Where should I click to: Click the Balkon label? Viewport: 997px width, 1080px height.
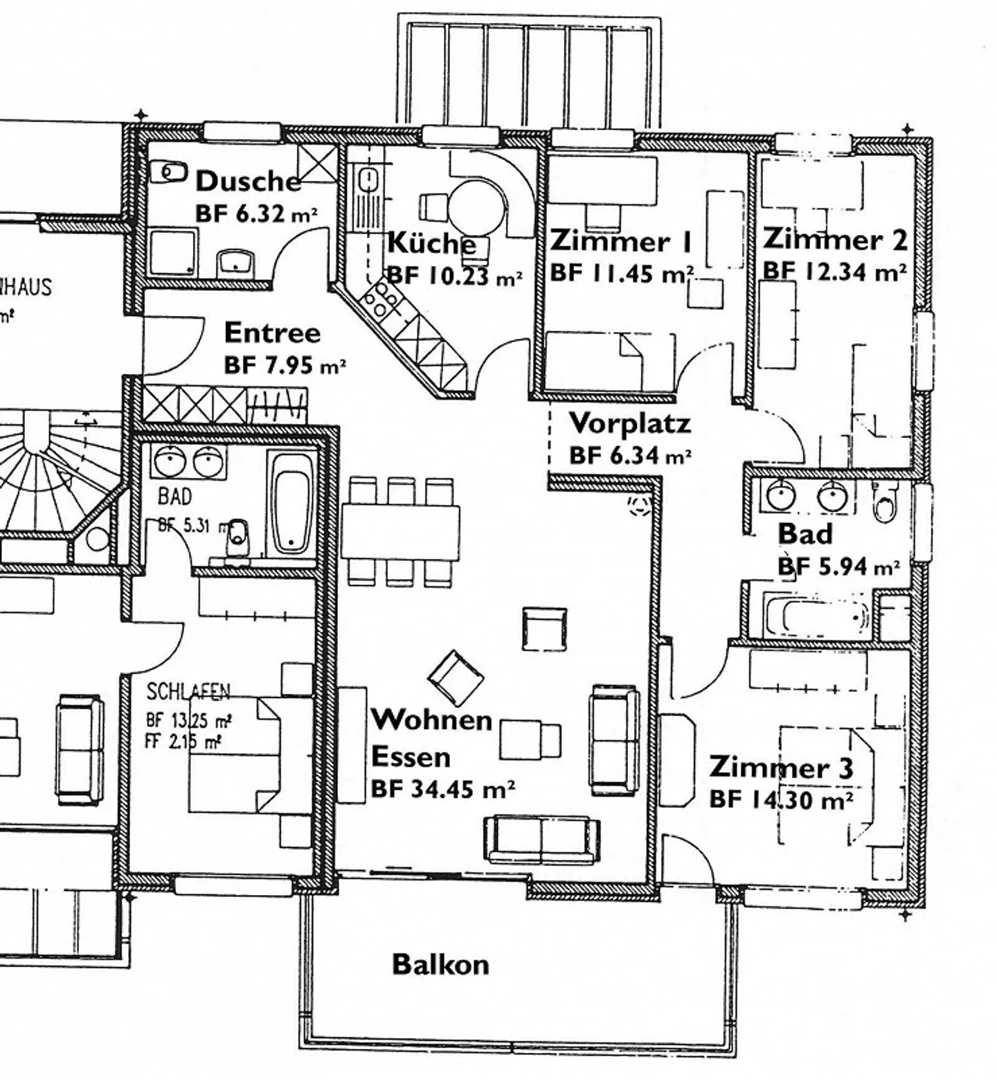(440, 964)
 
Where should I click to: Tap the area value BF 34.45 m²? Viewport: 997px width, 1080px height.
(442, 789)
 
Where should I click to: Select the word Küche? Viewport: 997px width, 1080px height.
(431, 243)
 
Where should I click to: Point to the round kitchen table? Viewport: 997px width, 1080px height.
(476, 206)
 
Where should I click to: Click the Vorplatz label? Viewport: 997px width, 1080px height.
(629, 423)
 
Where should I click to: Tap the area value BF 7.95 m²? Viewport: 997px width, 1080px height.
(285, 365)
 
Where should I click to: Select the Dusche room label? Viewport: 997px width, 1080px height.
(248, 182)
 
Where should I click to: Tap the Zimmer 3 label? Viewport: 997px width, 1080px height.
(781, 768)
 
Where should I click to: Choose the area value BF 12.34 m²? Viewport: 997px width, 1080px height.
(834, 272)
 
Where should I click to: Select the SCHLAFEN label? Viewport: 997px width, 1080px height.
(188, 691)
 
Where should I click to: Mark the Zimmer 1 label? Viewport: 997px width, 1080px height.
(620, 242)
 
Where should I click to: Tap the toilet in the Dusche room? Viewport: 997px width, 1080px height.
(169, 170)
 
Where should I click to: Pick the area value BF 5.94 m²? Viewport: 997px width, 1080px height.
(838, 567)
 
